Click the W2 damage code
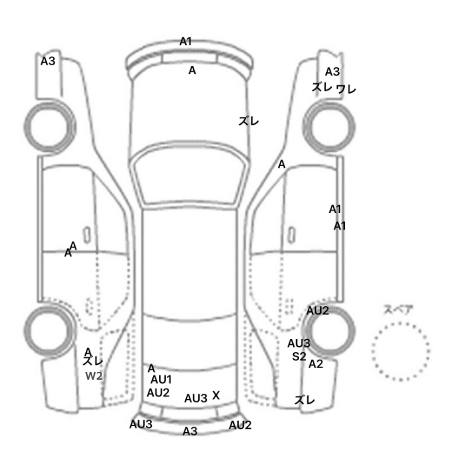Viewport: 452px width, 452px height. coord(94,376)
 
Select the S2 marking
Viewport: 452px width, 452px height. coord(299,356)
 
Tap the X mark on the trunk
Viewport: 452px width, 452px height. coord(216,395)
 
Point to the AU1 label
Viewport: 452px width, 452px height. coord(161,380)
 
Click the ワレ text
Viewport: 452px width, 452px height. coord(346,89)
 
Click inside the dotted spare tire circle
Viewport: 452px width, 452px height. coord(401,351)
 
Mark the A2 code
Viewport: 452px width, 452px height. coord(316,364)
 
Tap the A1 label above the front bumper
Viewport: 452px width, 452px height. coord(186,41)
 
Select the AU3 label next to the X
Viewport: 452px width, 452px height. coord(196,398)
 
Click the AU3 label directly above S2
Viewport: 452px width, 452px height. coord(298,344)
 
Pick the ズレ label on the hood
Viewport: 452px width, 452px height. coord(249,121)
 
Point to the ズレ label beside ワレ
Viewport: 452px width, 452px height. coord(322,87)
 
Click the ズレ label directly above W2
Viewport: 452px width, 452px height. coord(93,361)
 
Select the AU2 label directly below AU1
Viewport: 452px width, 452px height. coord(158,393)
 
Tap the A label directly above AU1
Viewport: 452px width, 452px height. coord(151,368)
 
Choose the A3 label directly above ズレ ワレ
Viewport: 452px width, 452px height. coord(333,72)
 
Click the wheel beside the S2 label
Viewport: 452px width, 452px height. coord(329,331)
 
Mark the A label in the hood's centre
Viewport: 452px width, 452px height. coord(192,70)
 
